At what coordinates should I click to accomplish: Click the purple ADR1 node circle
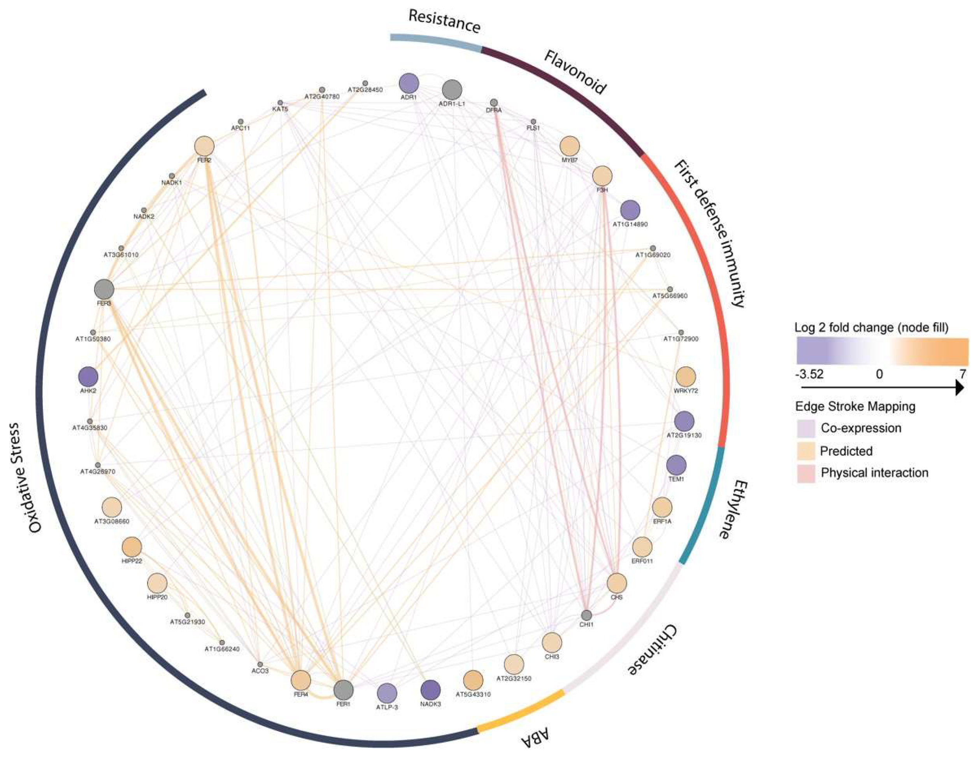(408, 83)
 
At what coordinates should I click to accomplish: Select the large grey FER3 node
(104, 289)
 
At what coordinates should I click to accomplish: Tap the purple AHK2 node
(88, 377)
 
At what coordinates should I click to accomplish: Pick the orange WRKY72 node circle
(685, 377)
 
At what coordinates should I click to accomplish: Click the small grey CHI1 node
(586, 615)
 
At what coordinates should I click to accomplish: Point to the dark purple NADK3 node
(430, 690)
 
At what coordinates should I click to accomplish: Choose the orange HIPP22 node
(132, 547)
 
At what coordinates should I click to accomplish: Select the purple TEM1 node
(676, 465)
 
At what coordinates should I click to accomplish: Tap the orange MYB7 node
(570, 146)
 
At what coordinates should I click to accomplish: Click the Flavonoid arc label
(575, 73)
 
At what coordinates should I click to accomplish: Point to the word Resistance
(444, 21)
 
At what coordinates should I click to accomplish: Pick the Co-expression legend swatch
(805, 428)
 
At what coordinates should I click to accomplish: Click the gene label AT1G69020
(653, 255)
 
